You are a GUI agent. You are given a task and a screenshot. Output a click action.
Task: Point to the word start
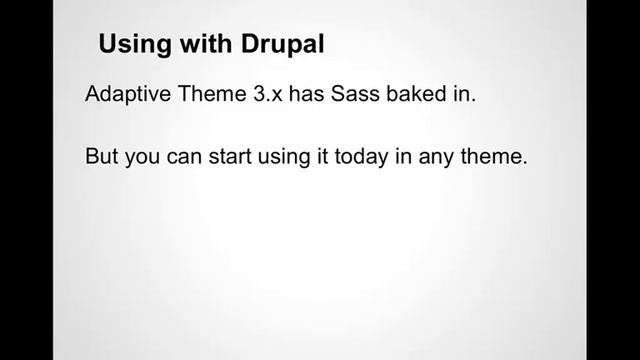click(234, 158)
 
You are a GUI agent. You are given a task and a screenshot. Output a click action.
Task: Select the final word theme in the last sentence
click(502, 158)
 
